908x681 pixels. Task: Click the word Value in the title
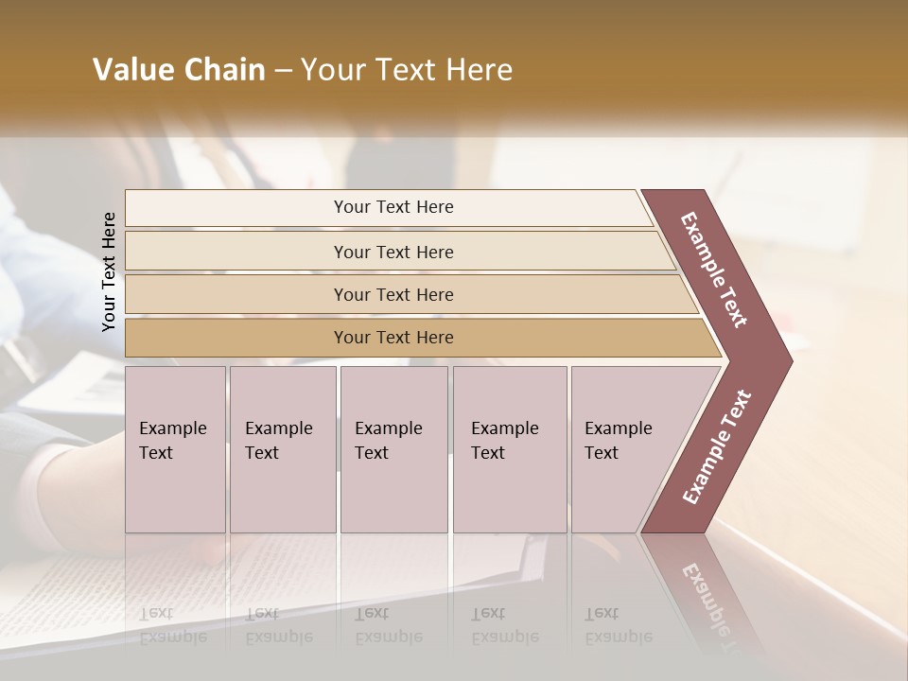(131, 70)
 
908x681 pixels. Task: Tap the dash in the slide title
(283, 71)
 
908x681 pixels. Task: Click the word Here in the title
(479, 70)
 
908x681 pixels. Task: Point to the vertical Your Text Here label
(109, 271)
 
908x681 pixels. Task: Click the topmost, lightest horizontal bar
(393, 207)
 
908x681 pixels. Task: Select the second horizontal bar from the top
(393, 252)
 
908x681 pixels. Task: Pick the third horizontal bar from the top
(393, 294)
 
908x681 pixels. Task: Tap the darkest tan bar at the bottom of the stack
(393, 338)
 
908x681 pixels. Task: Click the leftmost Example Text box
(175, 449)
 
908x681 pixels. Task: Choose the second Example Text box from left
(283, 449)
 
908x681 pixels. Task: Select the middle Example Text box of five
(393, 449)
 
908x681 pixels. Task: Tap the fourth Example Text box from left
(510, 449)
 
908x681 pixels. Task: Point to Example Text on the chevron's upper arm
(714, 270)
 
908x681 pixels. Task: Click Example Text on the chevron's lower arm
(716, 447)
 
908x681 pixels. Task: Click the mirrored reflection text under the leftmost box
(172, 625)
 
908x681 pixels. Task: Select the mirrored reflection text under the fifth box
(618, 625)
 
